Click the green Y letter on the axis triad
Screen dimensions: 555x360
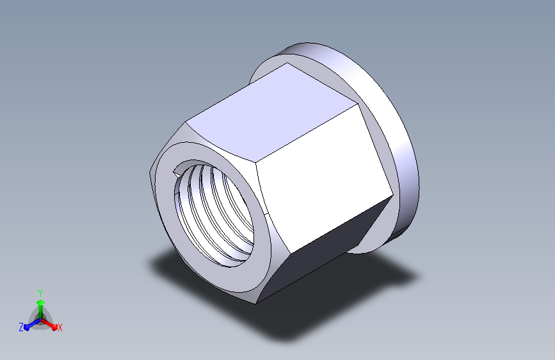coord(40,293)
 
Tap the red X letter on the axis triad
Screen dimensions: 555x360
coord(60,328)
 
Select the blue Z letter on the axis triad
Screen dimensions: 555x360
coord(21,327)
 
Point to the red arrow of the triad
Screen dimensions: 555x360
coord(49,324)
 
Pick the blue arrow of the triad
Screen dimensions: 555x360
coord(33,324)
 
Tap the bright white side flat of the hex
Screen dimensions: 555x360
coord(324,177)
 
